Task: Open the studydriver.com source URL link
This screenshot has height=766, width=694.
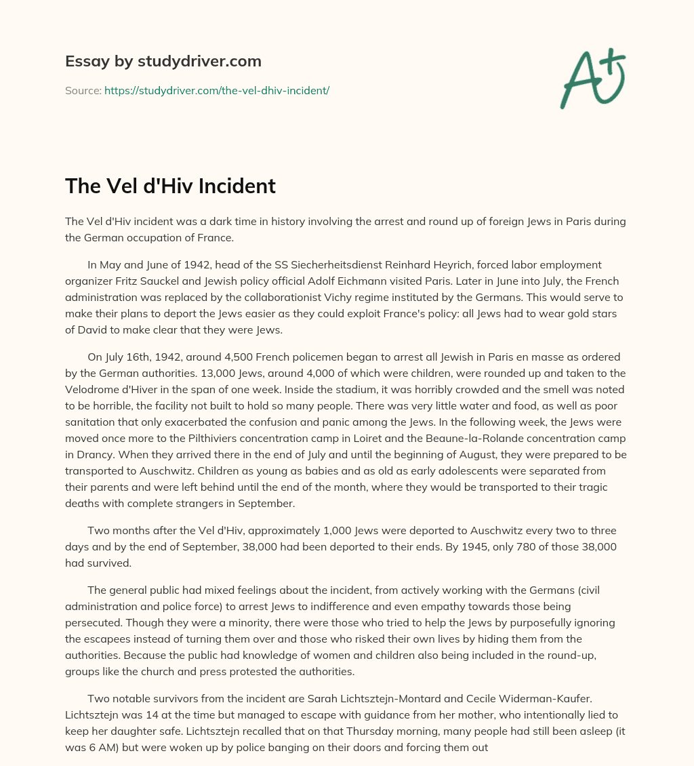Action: click(216, 90)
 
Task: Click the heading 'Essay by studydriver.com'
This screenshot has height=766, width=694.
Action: click(163, 61)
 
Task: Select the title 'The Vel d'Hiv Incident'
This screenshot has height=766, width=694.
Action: click(170, 186)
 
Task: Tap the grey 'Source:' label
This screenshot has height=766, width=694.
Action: click(83, 90)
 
